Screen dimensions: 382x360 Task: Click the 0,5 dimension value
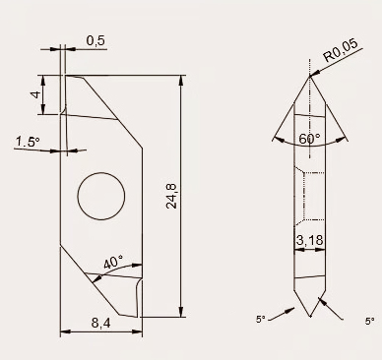point(95,40)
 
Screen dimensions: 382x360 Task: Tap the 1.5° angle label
point(28,142)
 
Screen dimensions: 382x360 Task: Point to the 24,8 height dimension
point(171,196)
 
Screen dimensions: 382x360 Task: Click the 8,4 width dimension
point(101,324)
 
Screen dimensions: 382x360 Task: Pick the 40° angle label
point(113,262)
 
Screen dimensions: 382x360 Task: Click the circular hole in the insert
point(101,196)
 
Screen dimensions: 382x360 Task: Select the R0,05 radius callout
point(341,50)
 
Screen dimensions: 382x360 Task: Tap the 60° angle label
point(309,139)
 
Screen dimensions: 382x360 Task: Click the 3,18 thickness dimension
point(310,240)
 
